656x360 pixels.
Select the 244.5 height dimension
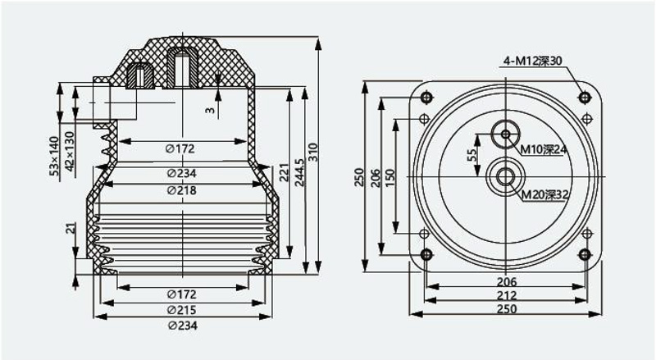(299, 172)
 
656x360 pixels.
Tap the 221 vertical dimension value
(284, 172)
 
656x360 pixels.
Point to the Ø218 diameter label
(181, 190)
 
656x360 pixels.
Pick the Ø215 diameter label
(181, 310)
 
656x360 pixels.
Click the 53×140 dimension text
(54, 156)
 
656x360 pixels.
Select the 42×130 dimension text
(70, 151)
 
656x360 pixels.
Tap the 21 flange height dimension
(72, 228)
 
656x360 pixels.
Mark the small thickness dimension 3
(210, 110)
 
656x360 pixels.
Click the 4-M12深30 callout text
(532, 62)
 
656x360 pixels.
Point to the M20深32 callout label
(544, 194)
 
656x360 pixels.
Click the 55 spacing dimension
(471, 155)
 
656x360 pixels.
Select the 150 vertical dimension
(389, 177)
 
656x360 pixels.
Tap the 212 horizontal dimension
(507, 295)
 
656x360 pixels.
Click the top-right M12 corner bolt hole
(585, 98)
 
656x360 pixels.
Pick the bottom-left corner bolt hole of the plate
(426, 254)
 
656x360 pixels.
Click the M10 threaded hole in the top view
(505, 134)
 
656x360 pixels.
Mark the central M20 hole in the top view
(505, 177)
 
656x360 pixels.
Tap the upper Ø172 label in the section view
(180, 148)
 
